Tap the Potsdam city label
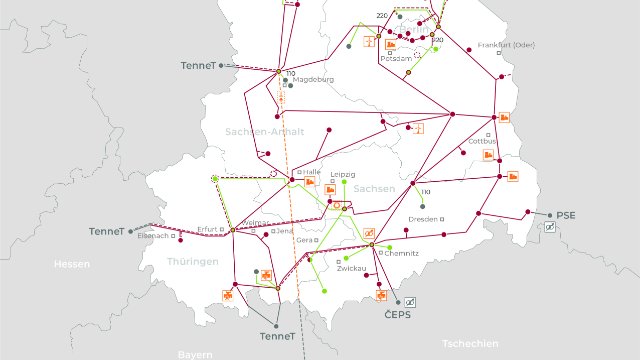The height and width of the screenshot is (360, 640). click(396, 59)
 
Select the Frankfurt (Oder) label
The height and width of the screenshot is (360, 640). click(501, 45)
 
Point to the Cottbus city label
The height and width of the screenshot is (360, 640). click(484, 141)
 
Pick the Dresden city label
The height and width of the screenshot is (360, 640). click(425, 219)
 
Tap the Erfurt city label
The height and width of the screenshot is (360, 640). click(207, 227)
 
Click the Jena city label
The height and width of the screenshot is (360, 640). click(285, 231)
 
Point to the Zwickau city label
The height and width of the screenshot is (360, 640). click(351, 268)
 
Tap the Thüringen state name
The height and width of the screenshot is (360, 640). click(193, 261)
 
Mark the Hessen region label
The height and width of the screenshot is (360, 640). click(72, 265)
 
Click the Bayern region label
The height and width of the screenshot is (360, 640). click(196, 354)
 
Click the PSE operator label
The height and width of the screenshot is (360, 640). click(567, 215)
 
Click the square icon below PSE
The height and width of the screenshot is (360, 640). click(550, 229)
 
